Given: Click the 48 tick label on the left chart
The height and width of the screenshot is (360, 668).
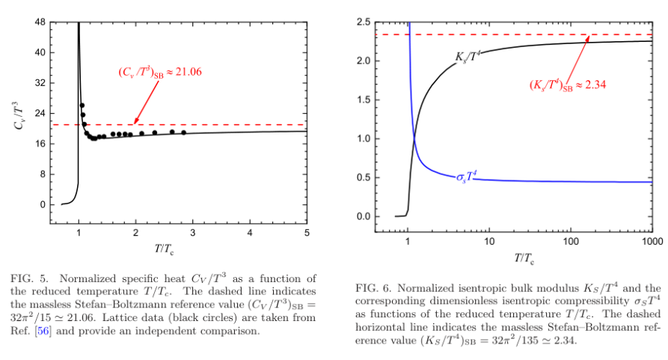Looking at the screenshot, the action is pyautogui.click(x=40, y=22).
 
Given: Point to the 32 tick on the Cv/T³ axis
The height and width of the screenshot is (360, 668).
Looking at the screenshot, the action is pyautogui.click(x=40, y=83).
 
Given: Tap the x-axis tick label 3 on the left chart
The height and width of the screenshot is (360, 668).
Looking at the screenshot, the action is pyautogui.click(x=193, y=233).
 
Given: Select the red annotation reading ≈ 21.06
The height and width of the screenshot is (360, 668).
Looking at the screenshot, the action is pyautogui.click(x=160, y=72).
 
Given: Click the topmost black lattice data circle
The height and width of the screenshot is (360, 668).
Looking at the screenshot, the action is pyautogui.click(x=82, y=106).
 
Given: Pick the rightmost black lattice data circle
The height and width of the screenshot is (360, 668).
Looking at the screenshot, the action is pyautogui.click(x=183, y=132).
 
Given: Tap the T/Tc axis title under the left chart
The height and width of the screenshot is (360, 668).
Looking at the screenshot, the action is pyautogui.click(x=164, y=248).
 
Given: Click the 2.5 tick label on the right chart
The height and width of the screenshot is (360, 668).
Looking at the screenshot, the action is pyautogui.click(x=364, y=22).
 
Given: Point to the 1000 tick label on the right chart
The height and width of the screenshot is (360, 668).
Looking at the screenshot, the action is pyautogui.click(x=652, y=242).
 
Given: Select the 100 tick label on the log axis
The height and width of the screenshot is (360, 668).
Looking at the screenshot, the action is pyautogui.click(x=571, y=242).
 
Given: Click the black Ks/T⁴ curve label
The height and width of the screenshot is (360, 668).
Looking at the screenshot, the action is pyautogui.click(x=468, y=57).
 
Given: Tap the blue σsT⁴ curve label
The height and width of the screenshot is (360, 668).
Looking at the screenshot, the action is pyautogui.click(x=467, y=177).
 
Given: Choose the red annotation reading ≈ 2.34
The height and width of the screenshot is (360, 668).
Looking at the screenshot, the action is pyautogui.click(x=568, y=85).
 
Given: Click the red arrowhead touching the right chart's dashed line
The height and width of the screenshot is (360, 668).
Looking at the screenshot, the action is pyautogui.click(x=588, y=38).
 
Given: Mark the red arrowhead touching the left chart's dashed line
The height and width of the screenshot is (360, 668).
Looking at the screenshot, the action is pyautogui.click(x=136, y=121).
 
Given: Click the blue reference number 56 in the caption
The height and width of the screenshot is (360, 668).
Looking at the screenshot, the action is pyautogui.click(x=43, y=331).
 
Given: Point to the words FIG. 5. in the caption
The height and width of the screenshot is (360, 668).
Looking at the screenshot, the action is pyautogui.click(x=29, y=278).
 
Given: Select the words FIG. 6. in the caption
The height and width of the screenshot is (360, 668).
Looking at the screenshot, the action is pyautogui.click(x=373, y=288).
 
